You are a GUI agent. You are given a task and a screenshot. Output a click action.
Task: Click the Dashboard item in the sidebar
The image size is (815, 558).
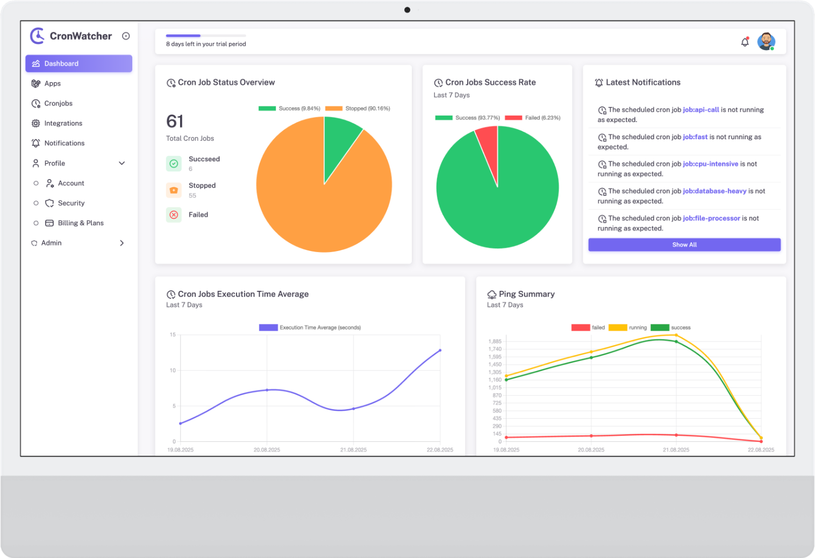coord(78,63)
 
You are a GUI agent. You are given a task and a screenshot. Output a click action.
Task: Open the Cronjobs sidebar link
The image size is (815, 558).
coord(58,103)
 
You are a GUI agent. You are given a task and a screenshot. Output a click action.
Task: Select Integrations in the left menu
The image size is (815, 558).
coord(63,123)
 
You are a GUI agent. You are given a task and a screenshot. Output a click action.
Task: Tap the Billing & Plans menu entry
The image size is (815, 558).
coord(81,223)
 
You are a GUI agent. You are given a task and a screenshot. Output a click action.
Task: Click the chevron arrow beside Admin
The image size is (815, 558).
coord(122,243)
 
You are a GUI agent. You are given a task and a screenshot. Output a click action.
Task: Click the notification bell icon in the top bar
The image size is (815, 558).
coord(745,42)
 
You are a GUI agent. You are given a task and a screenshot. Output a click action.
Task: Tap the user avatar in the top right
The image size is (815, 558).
coord(766,41)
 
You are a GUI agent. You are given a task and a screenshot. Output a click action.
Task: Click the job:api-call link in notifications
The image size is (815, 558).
coord(700,110)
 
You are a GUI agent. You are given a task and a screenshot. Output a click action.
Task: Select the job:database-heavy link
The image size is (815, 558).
coord(714,191)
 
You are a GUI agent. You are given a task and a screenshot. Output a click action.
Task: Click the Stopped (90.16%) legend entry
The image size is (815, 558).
coord(358,109)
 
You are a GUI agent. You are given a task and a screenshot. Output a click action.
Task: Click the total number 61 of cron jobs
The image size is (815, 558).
coord(175,121)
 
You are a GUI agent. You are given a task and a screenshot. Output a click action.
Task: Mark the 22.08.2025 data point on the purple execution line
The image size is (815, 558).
coord(440,350)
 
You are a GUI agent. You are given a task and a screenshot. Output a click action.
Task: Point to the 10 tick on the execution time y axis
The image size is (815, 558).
coord(173,370)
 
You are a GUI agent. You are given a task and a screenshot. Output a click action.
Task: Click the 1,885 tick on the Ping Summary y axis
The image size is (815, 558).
coord(495,341)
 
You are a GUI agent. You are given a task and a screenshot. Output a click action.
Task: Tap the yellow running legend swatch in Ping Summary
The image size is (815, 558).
coord(618,327)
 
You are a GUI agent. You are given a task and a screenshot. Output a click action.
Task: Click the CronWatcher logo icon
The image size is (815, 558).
coord(37,36)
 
